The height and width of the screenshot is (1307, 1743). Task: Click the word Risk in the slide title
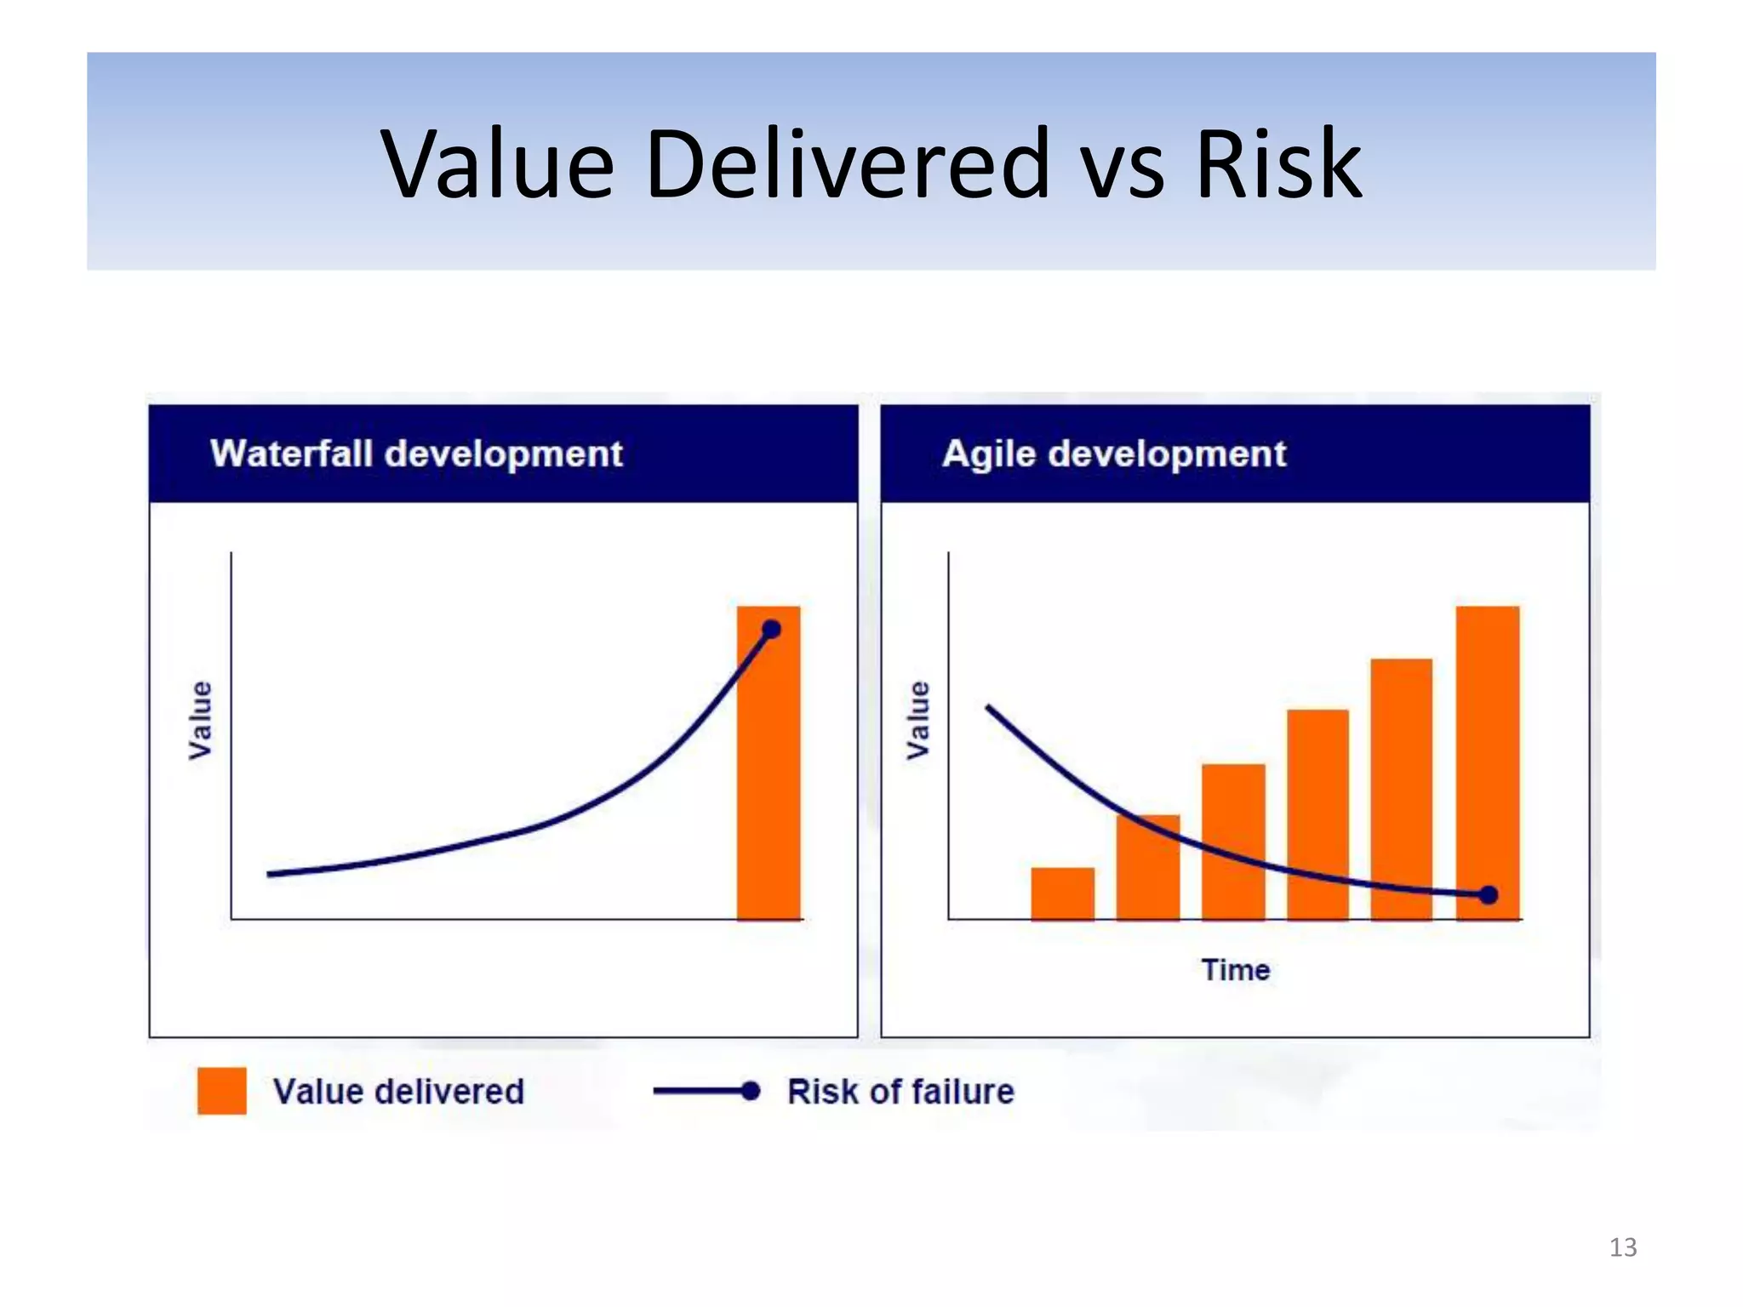tap(1277, 163)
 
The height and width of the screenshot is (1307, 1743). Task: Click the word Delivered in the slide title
tap(847, 163)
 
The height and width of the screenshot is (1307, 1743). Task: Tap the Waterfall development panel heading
tap(416, 454)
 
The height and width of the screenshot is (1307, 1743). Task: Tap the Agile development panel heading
tap(1114, 454)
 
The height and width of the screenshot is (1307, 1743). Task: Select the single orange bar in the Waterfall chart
tap(768, 766)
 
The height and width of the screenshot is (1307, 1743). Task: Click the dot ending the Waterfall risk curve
tap(771, 630)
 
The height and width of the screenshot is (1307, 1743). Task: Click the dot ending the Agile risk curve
tap(1489, 895)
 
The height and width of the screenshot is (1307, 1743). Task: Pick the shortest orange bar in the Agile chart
tap(1062, 893)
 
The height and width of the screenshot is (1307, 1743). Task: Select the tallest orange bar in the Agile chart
tap(1487, 749)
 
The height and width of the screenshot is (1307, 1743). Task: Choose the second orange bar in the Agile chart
tap(1148, 868)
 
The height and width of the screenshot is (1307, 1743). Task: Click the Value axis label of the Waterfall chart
tap(200, 720)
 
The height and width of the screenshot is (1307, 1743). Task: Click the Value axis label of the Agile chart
tap(917, 720)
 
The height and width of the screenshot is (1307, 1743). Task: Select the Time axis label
tap(1235, 970)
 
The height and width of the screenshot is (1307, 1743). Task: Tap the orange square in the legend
tap(221, 1091)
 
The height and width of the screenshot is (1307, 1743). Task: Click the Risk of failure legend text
tap(900, 1092)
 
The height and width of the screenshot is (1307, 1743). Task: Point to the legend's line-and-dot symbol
tap(706, 1091)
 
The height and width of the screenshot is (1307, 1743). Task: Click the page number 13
tap(1622, 1247)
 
